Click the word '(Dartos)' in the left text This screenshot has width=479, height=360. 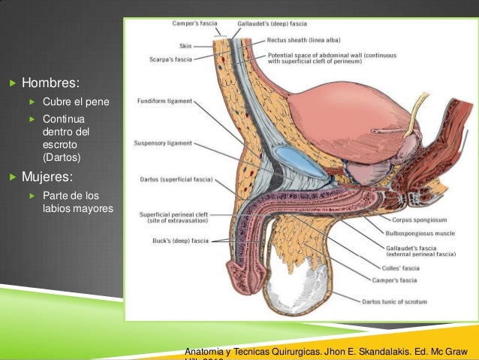click(62, 157)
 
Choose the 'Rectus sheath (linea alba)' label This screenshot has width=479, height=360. click(299, 41)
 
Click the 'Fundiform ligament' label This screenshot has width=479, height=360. click(164, 100)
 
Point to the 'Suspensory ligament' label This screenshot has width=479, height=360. click(163, 141)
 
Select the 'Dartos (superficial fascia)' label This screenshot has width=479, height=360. click(176, 180)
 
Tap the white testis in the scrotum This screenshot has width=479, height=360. click(290, 289)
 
